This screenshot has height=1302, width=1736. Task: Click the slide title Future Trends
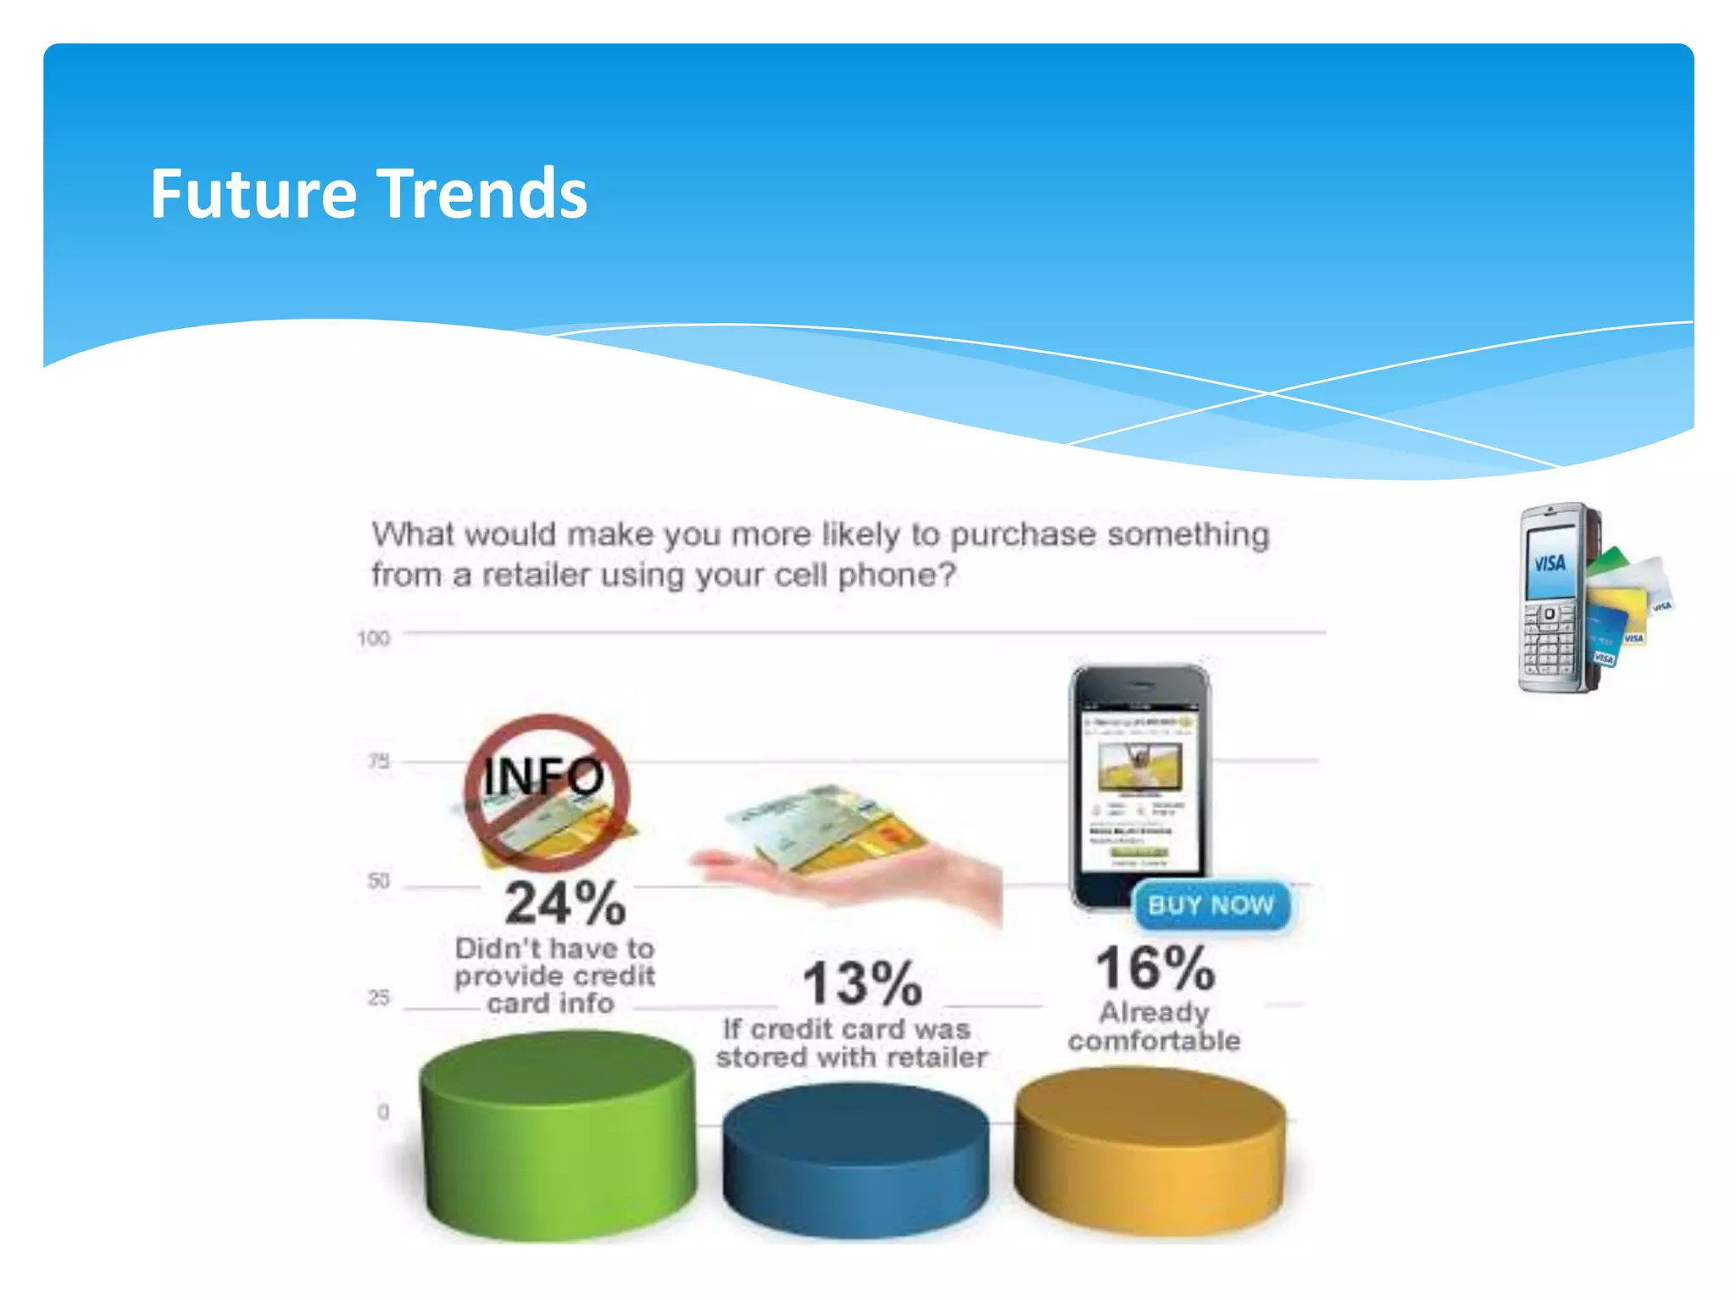point(368,194)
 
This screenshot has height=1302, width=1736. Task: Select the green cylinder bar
point(557,1136)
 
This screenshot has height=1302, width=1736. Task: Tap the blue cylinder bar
point(855,1161)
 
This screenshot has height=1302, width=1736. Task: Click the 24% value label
point(565,904)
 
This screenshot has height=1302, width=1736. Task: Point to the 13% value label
point(862,983)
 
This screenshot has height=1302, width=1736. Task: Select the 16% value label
point(1155,969)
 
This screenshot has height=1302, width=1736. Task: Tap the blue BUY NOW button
point(1210,905)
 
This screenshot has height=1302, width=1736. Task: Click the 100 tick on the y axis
point(373,638)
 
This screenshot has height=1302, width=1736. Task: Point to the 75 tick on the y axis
point(379,761)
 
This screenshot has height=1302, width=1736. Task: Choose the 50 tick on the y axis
point(379,882)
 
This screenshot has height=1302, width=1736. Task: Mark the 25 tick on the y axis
point(379,998)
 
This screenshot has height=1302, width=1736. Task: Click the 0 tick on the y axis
point(383,1111)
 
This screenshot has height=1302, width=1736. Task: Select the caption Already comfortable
point(1154,1027)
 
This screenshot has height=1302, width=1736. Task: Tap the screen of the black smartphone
point(1139,788)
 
